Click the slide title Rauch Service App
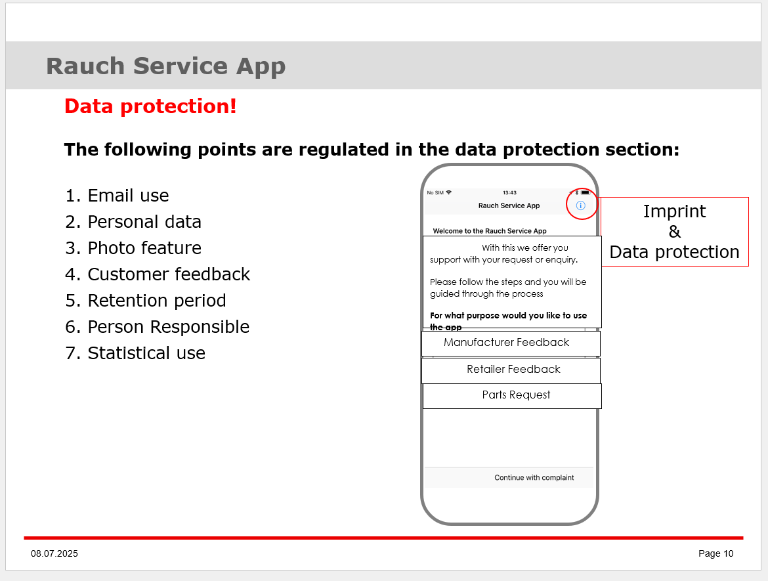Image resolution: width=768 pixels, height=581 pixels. point(165,66)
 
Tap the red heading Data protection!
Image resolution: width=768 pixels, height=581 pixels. point(150,106)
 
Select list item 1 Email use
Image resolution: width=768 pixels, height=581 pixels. point(117,196)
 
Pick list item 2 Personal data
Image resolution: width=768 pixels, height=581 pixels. point(133,222)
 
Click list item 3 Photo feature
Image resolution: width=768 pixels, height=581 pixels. point(133,248)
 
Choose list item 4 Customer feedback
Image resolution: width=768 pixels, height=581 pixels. point(158,274)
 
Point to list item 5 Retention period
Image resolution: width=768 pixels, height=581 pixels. point(146,300)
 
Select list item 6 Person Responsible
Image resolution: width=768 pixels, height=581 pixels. point(158,327)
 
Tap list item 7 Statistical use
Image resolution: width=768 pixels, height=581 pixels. point(135,353)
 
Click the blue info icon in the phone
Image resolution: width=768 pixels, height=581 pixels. point(580,205)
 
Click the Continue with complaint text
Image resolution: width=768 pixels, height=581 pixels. point(534,478)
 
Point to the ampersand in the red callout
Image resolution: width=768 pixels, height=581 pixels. point(674,231)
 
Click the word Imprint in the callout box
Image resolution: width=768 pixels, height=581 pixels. point(674,211)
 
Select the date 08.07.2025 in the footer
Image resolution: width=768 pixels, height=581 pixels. point(54,553)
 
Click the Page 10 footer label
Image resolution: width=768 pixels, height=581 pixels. point(715,553)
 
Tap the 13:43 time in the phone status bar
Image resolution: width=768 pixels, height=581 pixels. point(509,192)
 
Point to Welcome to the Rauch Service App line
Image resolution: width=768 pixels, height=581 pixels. point(490,230)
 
